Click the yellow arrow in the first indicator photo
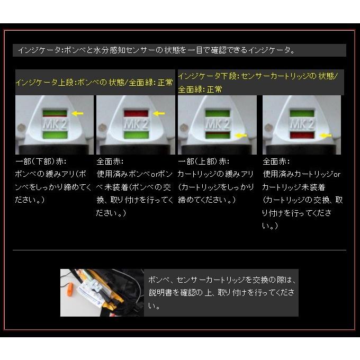tap(77, 113)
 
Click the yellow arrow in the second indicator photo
tap(158, 113)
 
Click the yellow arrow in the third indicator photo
tap(241, 136)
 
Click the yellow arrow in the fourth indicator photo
tap(325, 136)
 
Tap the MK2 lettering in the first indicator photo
tap(54, 124)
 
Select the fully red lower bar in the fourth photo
tap(301, 136)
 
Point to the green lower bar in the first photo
tap(54, 136)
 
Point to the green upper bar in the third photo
tap(218, 113)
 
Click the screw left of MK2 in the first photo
tap(21, 128)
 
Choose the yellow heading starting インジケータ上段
tap(94, 83)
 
